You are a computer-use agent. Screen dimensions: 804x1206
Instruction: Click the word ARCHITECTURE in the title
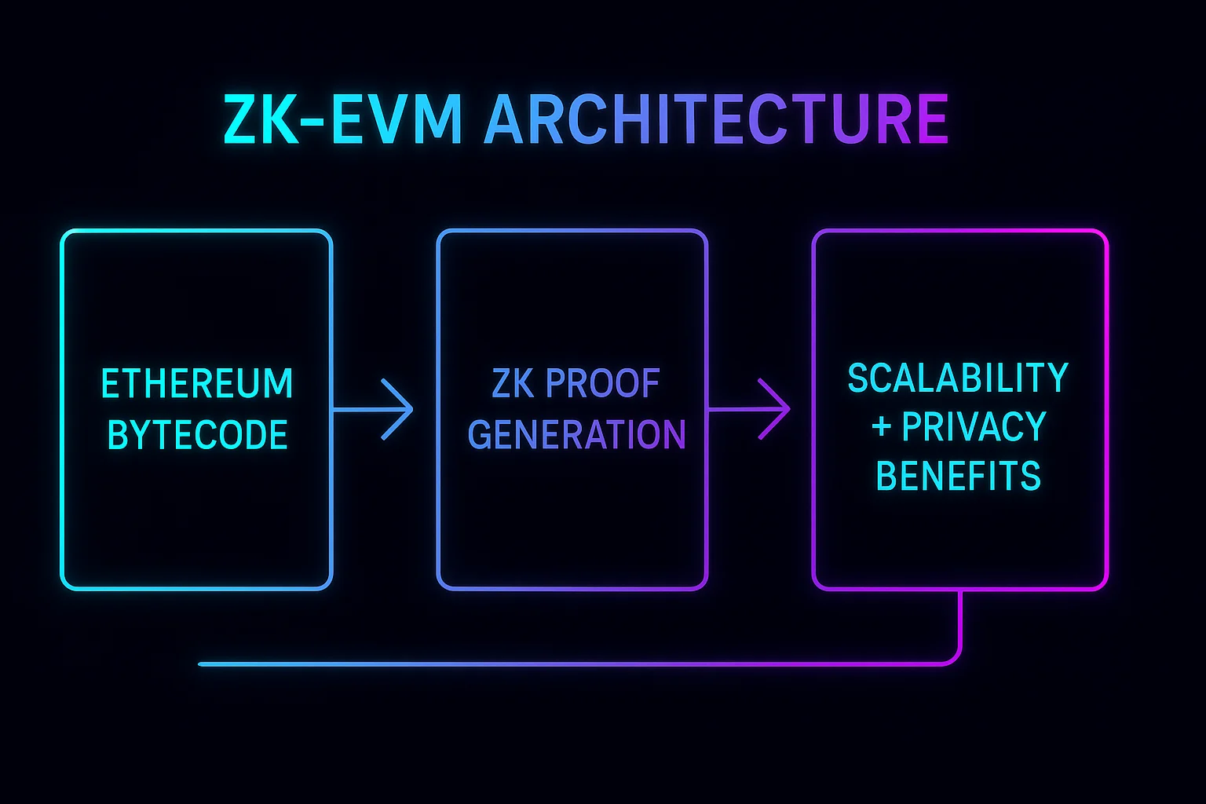(716, 119)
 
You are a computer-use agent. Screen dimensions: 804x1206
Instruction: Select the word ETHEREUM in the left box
(197, 384)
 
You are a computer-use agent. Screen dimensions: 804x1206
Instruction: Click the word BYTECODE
(197, 435)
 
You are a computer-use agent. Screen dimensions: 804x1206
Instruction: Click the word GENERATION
(576, 435)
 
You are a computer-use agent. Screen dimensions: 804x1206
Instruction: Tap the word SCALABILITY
(958, 378)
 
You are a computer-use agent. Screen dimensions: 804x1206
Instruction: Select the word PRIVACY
(974, 427)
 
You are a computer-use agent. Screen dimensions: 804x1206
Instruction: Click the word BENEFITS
(958, 477)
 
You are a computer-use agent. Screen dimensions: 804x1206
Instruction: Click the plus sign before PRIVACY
(881, 427)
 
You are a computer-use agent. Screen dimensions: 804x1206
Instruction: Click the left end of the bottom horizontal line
(201, 664)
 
